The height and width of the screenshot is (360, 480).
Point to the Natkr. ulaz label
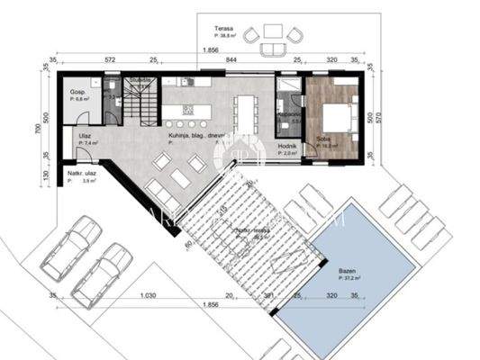click(80, 173)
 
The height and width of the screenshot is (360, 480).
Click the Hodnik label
click(287, 146)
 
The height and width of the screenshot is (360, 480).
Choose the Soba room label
click(322, 138)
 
